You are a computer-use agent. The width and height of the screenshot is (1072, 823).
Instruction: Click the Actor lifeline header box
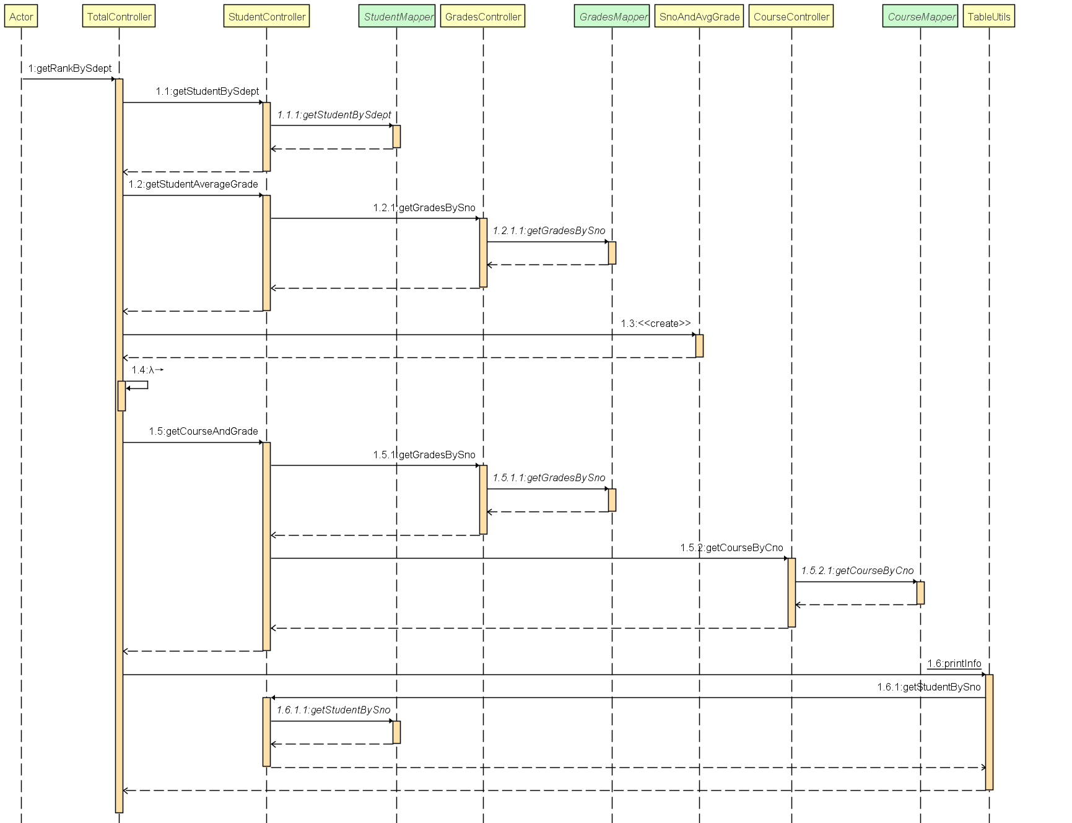click(x=21, y=17)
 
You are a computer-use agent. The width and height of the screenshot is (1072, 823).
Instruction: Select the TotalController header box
click(x=119, y=17)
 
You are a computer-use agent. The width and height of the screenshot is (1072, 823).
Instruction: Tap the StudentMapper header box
click(x=398, y=17)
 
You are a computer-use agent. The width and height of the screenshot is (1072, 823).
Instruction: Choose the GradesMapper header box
click(x=612, y=17)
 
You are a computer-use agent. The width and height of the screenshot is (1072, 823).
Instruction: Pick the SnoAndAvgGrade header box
click(x=699, y=17)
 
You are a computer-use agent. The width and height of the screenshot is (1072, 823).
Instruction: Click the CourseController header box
click(x=791, y=17)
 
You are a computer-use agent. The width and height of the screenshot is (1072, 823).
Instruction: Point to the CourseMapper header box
click(x=920, y=17)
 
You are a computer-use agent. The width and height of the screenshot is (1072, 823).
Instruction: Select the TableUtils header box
click(x=988, y=17)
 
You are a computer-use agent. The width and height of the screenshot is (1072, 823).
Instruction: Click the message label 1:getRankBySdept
click(x=70, y=68)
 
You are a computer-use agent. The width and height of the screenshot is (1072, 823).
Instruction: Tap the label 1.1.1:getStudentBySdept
click(x=334, y=115)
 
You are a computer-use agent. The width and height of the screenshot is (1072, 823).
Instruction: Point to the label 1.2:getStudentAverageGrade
click(x=193, y=184)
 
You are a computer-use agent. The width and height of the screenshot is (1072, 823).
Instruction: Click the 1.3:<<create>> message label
click(x=655, y=323)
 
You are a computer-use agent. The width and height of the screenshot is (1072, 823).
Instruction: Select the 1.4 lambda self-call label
click(x=147, y=370)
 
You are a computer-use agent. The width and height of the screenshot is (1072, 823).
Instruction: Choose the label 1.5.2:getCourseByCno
click(x=731, y=547)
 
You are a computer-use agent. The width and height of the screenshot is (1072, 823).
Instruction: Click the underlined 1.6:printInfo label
click(x=954, y=664)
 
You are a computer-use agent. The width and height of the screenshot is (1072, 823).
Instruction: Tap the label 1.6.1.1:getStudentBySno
click(x=333, y=710)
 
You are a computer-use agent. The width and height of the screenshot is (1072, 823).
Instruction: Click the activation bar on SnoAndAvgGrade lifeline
click(x=699, y=346)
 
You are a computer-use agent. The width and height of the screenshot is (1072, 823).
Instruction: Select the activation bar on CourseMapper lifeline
click(x=920, y=593)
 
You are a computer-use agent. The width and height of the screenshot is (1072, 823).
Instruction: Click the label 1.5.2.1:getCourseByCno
click(x=857, y=570)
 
